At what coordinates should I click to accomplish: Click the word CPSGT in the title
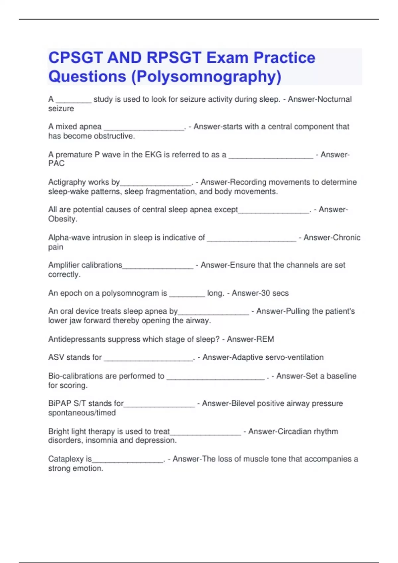75,58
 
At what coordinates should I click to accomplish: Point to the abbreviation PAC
56,163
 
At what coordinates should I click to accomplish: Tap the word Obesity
63,219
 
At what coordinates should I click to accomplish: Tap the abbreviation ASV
56,357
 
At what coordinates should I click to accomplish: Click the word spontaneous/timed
82,413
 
